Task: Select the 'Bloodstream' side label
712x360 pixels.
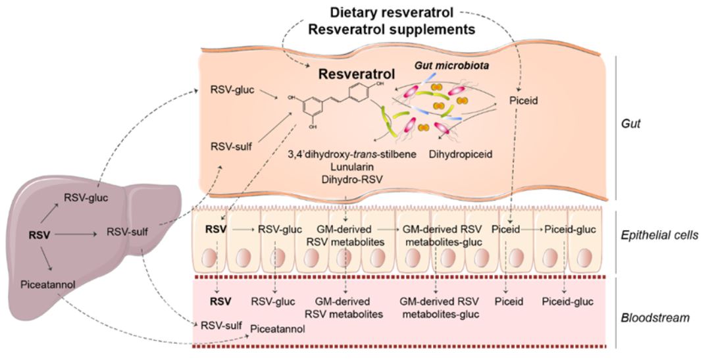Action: [655, 318]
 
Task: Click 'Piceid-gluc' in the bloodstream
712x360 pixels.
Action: [567, 302]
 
